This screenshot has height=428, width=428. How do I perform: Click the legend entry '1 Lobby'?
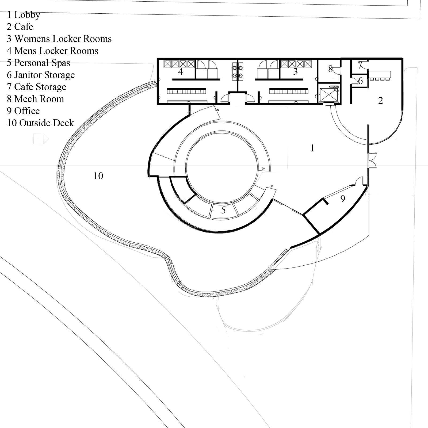24,15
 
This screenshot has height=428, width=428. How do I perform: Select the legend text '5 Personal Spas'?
38,63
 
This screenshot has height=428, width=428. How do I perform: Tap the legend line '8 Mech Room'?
35,99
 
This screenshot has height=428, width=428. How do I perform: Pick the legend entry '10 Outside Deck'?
40,123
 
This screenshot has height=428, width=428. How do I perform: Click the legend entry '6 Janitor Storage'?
41,75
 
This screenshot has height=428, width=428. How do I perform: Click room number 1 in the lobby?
312,148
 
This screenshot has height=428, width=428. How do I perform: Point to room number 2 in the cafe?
380,101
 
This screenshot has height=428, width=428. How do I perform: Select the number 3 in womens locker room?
295,71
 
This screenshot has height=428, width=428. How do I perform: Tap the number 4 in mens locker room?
181,71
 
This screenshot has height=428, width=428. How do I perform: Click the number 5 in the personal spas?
223,210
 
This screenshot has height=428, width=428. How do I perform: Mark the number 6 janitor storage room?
360,81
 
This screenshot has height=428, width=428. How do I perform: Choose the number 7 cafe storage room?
360,65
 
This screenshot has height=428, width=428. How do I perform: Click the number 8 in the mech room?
330,69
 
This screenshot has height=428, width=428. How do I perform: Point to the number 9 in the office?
342,198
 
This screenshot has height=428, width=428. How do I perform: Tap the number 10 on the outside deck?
98,176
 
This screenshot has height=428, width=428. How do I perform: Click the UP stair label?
271,186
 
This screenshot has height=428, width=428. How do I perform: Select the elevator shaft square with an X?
329,95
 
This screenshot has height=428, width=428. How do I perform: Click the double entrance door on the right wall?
372,160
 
